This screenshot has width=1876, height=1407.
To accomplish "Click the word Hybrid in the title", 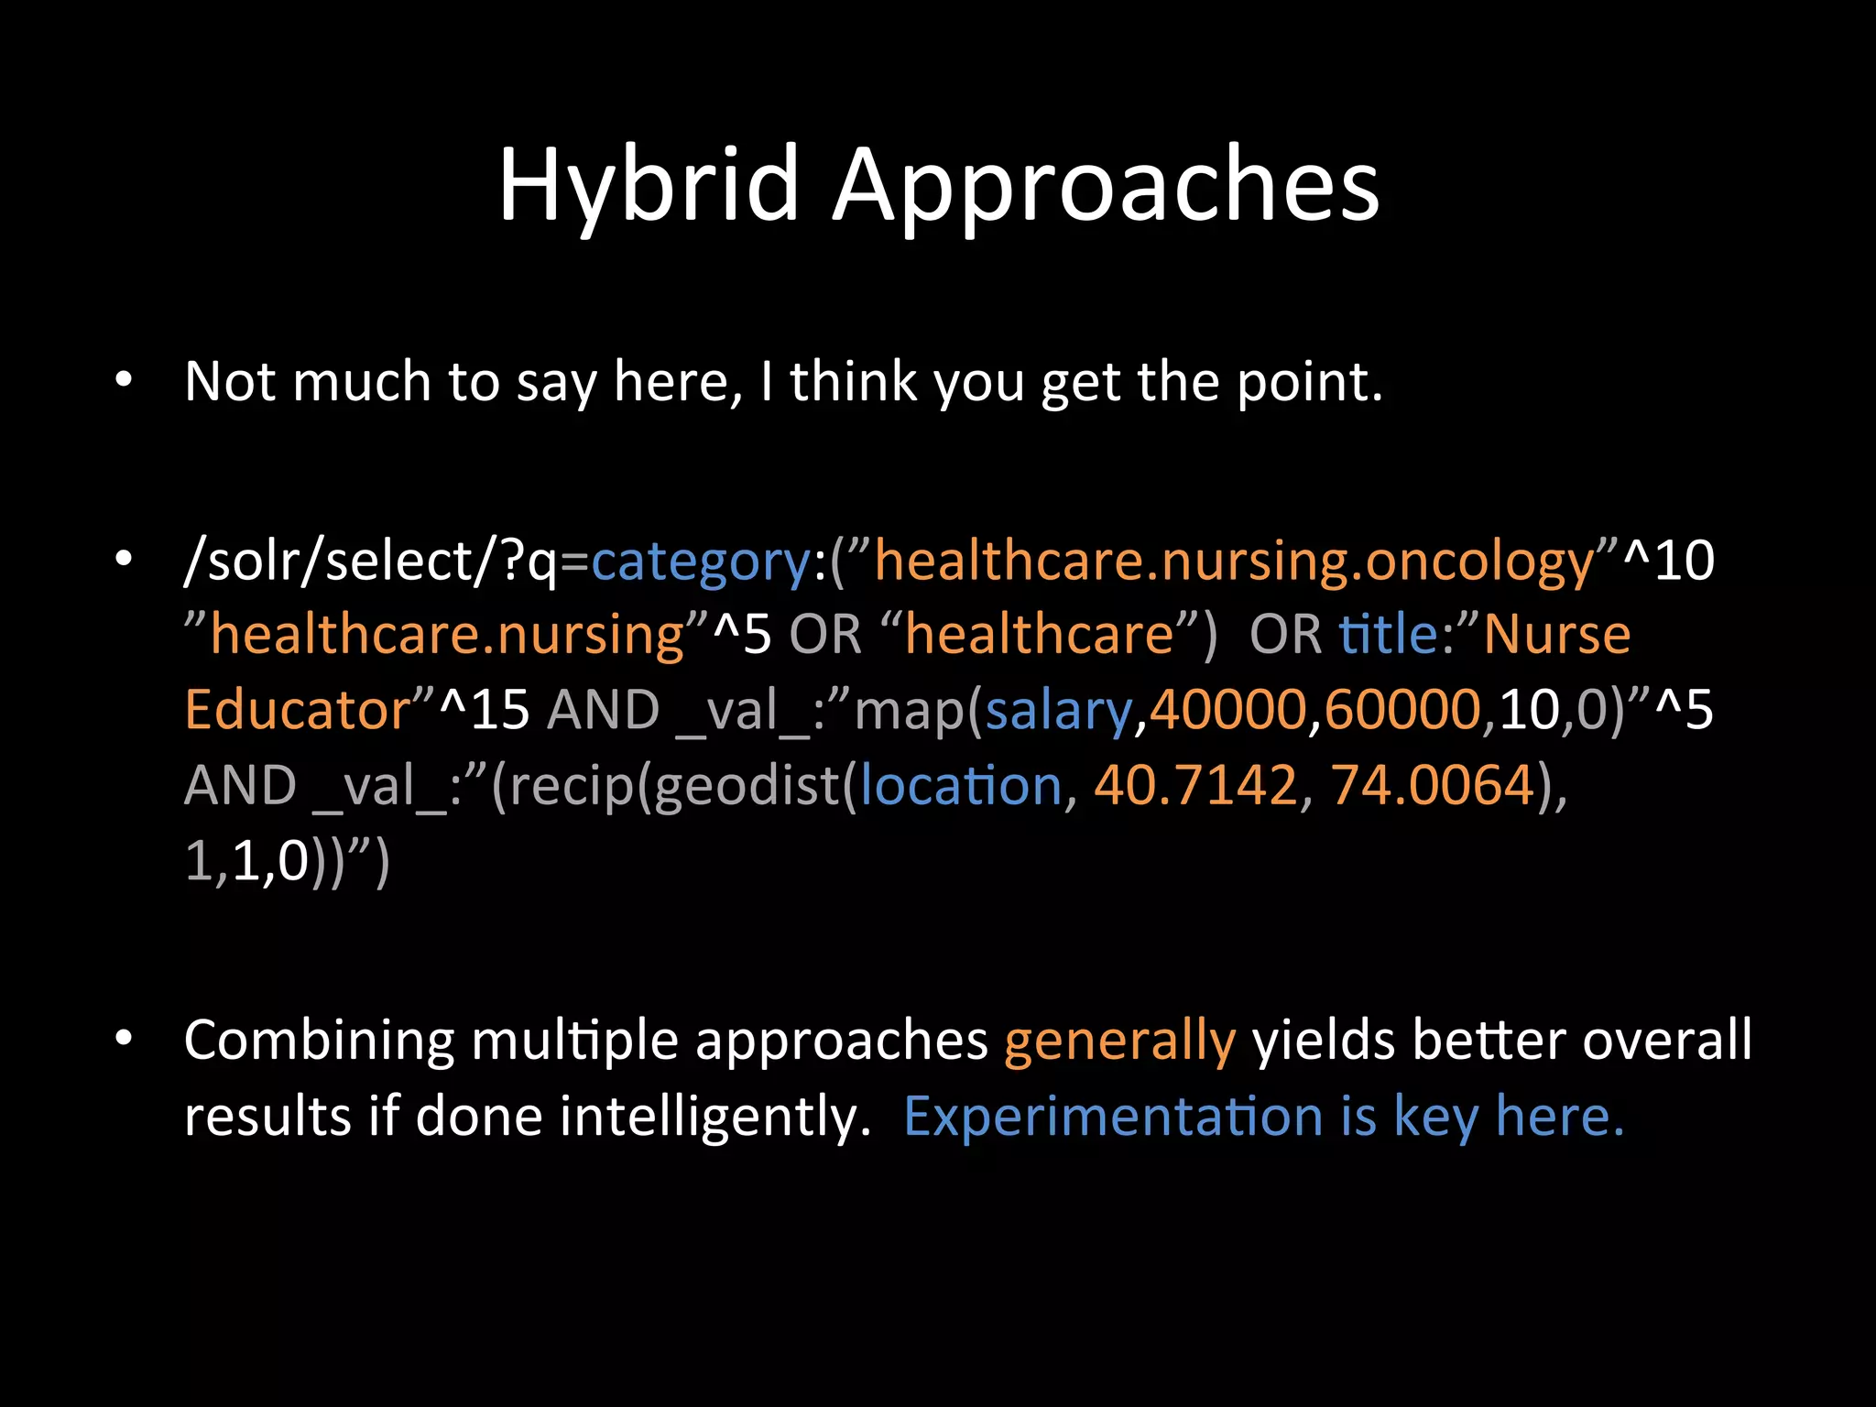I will (x=649, y=185).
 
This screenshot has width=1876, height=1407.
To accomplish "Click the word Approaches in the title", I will (x=1105, y=187).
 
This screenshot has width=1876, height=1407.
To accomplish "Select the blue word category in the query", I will (x=701, y=562).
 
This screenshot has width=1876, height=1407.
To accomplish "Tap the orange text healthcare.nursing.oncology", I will (x=1233, y=562).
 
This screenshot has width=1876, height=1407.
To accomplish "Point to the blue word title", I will (x=1388, y=634).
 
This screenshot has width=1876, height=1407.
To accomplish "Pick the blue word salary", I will (x=1058, y=710).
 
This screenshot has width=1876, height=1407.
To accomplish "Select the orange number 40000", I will (x=1227, y=710).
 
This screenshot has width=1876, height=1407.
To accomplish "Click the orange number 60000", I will (x=1402, y=710).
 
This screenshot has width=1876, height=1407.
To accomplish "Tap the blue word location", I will (x=960, y=785).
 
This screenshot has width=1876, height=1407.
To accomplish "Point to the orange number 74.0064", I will (x=1433, y=785).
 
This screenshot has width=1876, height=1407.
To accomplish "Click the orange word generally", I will (x=1119, y=1042).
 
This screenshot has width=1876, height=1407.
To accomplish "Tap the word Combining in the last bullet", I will (x=319, y=1042).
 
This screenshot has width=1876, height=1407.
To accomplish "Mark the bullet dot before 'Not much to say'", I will (x=125, y=379).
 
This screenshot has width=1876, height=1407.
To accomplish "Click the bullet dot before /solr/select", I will (x=125, y=559).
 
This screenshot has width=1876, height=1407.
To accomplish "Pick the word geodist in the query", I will (x=747, y=785).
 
